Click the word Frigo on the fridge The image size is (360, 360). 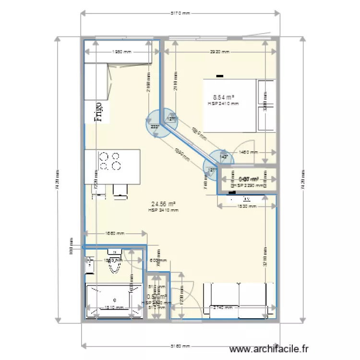click(x=98, y=112)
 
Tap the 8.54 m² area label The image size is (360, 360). click(x=223, y=97)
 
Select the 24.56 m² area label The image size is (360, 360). click(x=163, y=204)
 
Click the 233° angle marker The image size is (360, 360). click(x=155, y=127)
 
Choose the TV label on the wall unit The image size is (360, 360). click(x=246, y=198)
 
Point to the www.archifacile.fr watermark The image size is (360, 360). click(x=270, y=349)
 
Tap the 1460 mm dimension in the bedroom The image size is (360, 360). click(x=249, y=152)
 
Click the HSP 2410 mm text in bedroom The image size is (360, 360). click(x=223, y=104)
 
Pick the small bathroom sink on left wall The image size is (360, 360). click(x=89, y=262)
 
